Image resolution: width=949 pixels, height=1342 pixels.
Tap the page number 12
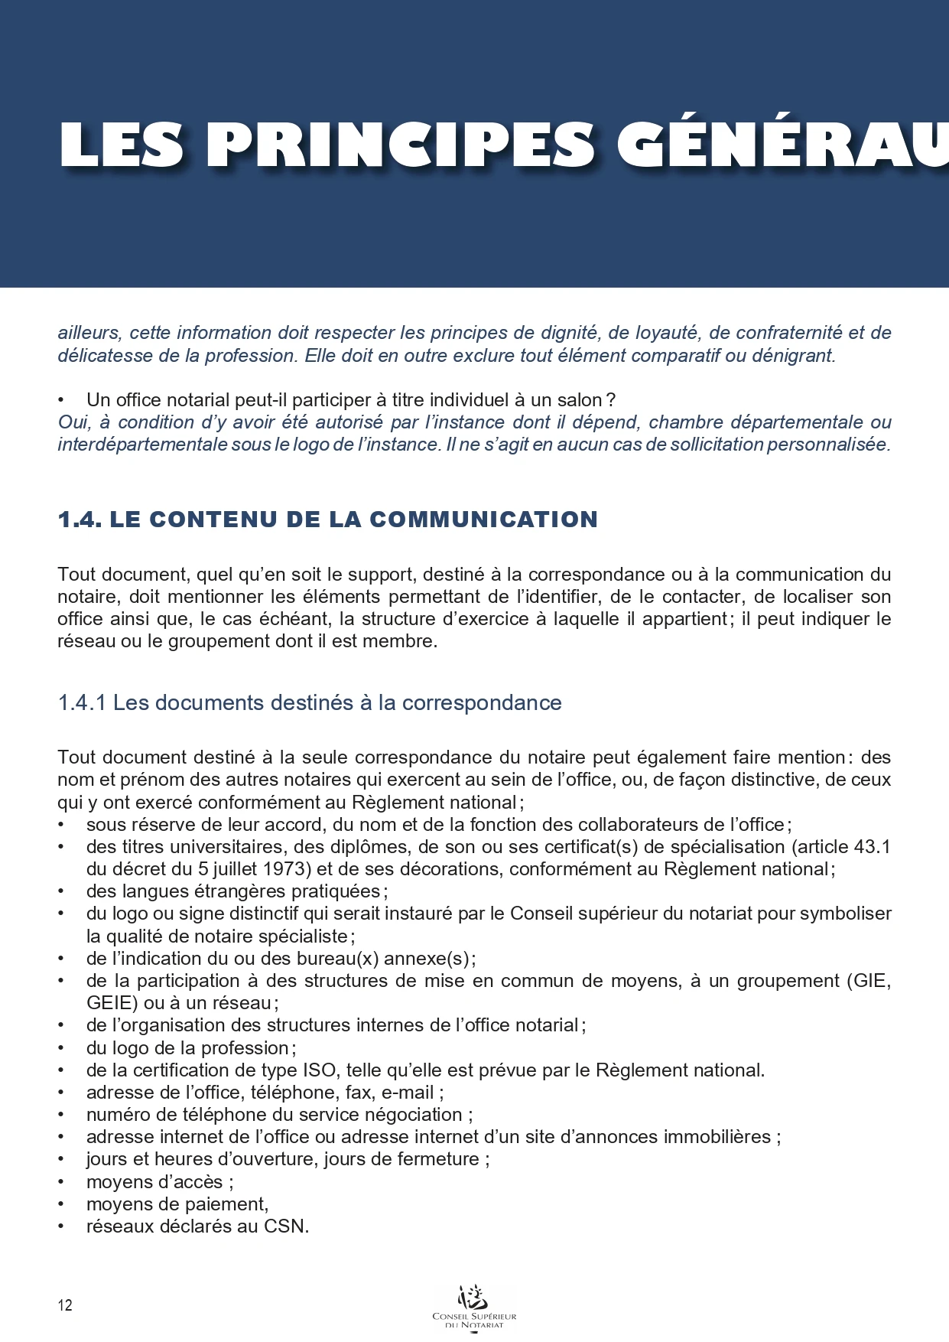click(65, 1305)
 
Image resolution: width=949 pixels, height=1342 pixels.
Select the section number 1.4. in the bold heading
click(80, 520)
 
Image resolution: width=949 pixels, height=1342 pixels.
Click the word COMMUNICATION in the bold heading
click(483, 520)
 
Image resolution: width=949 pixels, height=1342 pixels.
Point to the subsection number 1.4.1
click(82, 703)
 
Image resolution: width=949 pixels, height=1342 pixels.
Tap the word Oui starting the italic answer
click(73, 422)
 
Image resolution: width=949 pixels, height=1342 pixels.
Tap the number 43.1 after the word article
click(871, 847)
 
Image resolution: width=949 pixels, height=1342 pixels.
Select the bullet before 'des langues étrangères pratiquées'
click(61, 892)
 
